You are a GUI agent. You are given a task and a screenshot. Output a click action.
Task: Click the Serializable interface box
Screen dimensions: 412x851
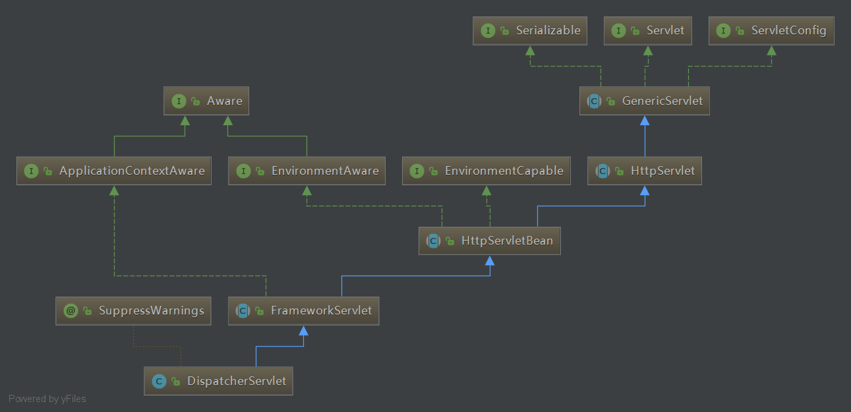click(x=529, y=30)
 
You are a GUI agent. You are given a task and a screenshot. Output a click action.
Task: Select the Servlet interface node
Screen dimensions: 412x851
click(x=647, y=30)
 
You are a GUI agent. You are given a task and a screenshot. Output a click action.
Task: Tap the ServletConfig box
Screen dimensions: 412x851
click(x=771, y=30)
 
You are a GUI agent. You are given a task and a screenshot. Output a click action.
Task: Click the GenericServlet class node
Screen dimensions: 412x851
click(x=644, y=101)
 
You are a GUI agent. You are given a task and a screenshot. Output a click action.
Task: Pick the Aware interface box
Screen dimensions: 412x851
click(x=206, y=101)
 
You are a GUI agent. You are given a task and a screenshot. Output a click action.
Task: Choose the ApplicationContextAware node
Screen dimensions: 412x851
click(x=113, y=171)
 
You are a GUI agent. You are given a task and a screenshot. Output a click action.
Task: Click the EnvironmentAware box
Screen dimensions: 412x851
click(x=307, y=171)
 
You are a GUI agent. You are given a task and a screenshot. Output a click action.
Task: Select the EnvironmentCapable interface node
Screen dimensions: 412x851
click(x=486, y=171)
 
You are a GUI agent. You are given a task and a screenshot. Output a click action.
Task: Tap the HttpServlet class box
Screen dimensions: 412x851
click(x=644, y=171)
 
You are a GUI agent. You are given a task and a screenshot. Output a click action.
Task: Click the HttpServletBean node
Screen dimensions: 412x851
click(x=489, y=241)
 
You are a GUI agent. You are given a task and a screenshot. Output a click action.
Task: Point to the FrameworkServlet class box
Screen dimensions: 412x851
click(x=303, y=310)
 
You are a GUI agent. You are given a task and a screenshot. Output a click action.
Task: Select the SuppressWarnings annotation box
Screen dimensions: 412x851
click(x=132, y=310)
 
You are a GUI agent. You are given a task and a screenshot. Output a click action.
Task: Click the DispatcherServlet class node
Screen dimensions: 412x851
click(x=218, y=381)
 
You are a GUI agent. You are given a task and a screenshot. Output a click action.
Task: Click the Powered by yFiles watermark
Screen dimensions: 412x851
click(x=47, y=399)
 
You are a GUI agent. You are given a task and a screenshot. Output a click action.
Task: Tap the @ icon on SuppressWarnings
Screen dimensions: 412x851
click(x=71, y=310)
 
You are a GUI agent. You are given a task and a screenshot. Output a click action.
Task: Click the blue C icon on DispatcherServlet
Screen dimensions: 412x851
click(x=159, y=381)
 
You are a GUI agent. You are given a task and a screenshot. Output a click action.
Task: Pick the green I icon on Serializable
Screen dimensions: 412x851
click(x=488, y=30)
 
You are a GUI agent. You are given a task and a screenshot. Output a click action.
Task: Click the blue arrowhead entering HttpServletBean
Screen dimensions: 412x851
click(x=490, y=260)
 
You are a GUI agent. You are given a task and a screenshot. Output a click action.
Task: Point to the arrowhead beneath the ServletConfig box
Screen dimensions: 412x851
click(x=771, y=51)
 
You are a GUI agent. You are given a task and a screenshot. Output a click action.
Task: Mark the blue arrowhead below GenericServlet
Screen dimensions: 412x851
click(x=645, y=121)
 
